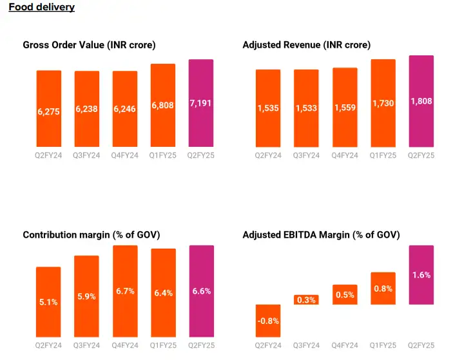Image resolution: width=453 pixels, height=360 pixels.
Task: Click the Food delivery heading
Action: point(41,8)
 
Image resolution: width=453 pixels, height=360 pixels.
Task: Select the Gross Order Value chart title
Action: point(89,45)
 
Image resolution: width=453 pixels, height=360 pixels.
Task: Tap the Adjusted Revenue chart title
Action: point(306,45)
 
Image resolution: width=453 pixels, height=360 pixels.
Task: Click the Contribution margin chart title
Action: point(91,235)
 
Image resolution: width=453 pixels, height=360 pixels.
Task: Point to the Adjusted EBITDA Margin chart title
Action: point(321,235)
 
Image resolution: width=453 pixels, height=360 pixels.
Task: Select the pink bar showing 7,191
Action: point(200,103)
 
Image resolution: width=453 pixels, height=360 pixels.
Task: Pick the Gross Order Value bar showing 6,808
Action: point(162,105)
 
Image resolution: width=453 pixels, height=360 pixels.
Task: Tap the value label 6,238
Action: point(86,109)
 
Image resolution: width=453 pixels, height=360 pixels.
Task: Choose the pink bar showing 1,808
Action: point(421,101)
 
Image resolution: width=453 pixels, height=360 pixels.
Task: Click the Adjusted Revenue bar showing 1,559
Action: point(345,107)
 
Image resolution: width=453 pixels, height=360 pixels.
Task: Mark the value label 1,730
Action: point(383,103)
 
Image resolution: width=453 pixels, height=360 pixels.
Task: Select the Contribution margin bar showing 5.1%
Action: point(48,301)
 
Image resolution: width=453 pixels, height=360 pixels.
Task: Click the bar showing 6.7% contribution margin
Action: point(125,291)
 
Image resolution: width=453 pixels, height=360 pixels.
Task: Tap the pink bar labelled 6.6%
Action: point(201,291)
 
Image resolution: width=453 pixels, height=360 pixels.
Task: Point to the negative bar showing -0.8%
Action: point(268,321)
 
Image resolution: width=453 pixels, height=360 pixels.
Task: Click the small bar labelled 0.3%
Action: point(306,299)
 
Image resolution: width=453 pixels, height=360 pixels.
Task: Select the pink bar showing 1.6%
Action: point(421,275)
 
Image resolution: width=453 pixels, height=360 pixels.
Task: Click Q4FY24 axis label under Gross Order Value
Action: point(124,155)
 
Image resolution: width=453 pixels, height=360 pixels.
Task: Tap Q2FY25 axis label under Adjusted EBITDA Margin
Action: point(421,345)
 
